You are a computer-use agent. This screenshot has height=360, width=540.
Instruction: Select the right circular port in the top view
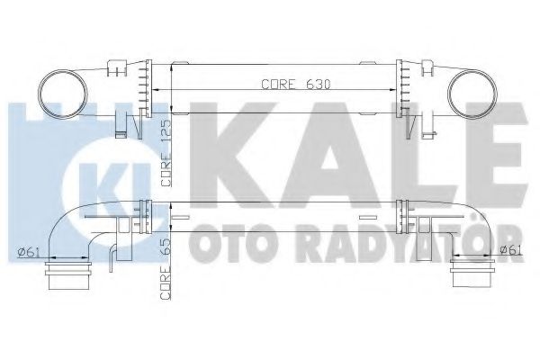[476, 90]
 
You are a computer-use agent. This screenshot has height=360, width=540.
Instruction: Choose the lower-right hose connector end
[472, 274]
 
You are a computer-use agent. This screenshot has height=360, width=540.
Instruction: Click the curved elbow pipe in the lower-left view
[67, 225]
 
